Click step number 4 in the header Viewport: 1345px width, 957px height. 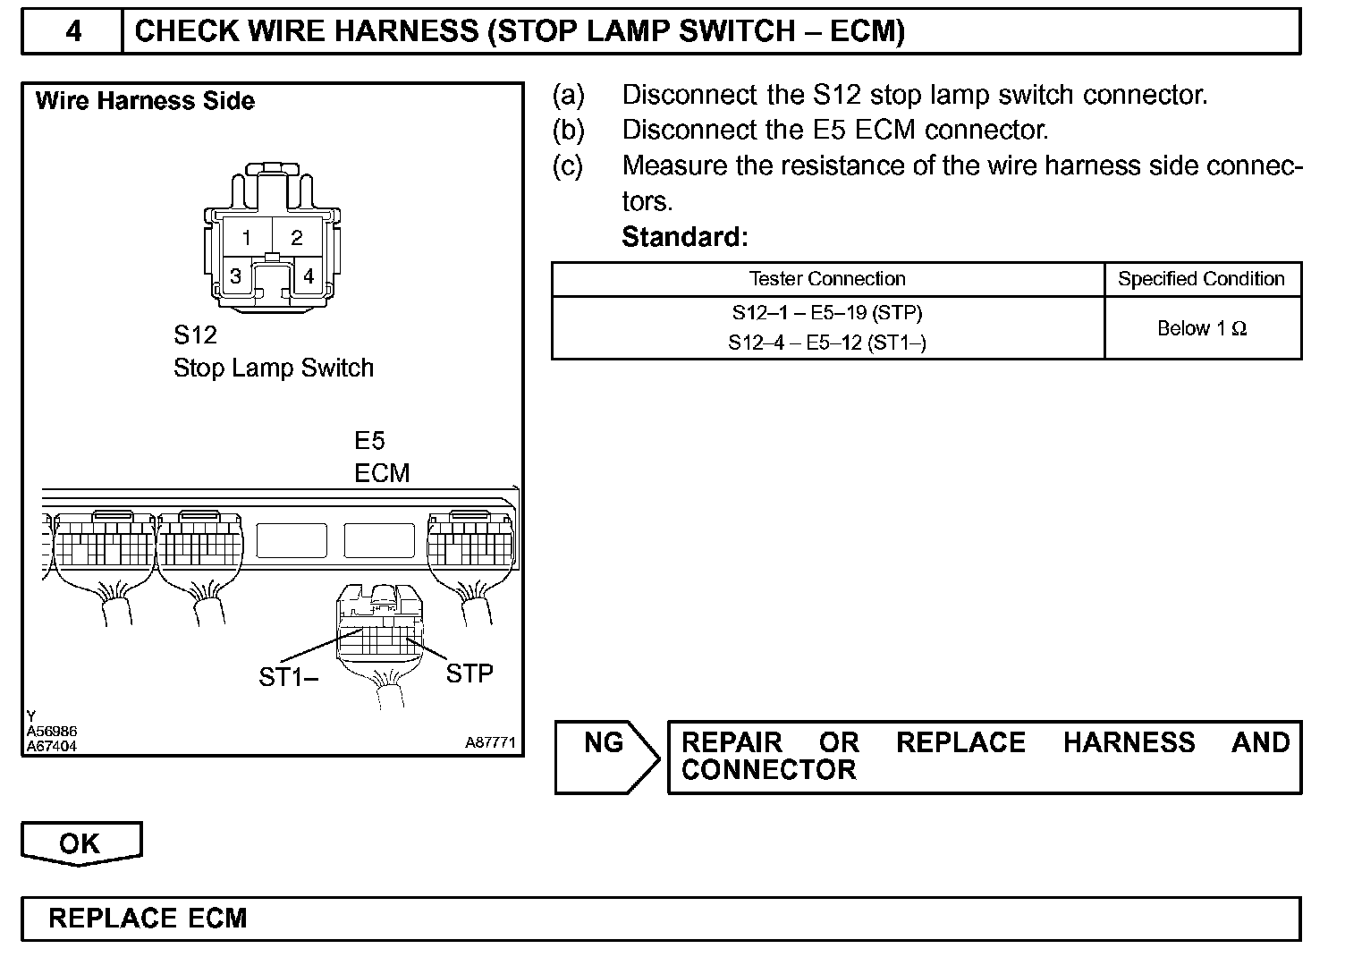[73, 32]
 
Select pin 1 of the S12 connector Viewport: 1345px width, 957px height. [247, 238]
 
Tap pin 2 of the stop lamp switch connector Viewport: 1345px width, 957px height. [297, 238]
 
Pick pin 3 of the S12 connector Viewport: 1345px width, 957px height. [235, 276]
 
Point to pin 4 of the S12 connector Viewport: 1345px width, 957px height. [309, 276]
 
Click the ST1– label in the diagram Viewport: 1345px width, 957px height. [288, 678]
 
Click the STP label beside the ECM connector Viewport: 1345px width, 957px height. [469, 673]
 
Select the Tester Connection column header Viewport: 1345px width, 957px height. [827, 279]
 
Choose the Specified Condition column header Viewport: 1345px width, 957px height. [1201, 279]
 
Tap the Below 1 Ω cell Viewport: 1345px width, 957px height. [1201, 328]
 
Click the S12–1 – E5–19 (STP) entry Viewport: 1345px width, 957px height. [827, 313]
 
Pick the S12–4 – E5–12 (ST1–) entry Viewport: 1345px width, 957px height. [827, 343]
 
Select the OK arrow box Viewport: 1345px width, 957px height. [80, 843]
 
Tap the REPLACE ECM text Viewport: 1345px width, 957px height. [148, 919]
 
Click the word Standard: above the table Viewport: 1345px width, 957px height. [684, 237]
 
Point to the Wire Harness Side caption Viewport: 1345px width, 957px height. [145, 101]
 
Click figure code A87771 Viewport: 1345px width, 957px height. [490, 742]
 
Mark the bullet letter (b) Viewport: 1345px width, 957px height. [568, 131]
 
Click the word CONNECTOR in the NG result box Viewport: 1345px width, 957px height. [768, 770]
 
